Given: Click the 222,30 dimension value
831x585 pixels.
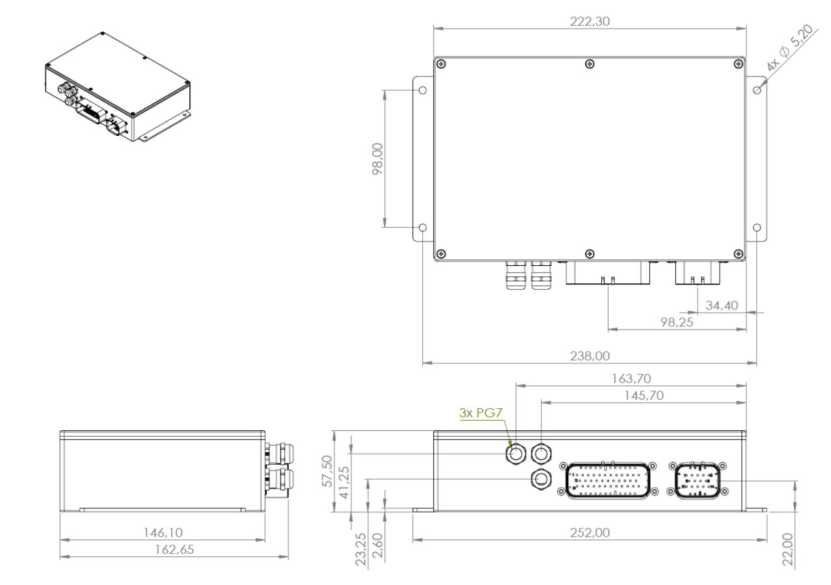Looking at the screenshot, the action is point(590,21).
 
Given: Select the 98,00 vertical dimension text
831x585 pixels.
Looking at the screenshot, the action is point(377,159).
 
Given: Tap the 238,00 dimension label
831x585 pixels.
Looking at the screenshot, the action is point(590,356).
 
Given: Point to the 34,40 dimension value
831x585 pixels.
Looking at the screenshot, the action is point(722,305).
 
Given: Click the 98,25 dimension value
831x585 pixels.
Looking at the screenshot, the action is point(677,322).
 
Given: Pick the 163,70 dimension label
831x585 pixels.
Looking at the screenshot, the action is point(631,379).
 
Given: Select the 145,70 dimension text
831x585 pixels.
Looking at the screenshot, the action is point(644,396).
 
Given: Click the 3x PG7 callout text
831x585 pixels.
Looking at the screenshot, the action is point(480,413).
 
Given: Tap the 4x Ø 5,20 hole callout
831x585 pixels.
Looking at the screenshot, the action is point(789,47).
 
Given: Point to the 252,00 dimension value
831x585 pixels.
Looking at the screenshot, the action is point(590,533).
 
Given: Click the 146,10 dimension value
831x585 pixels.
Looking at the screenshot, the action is point(163,533).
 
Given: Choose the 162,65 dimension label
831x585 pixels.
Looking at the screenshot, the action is point(174,549).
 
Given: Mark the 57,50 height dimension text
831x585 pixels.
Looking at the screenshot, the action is point(327,471).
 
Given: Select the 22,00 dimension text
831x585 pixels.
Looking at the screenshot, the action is point(787,549).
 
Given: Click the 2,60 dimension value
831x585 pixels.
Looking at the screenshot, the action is point(377,545).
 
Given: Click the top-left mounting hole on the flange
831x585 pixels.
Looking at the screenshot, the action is point(422,90).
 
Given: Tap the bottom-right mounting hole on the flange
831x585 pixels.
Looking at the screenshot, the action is point(757,227).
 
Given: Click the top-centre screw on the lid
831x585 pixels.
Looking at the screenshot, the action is point(590,64).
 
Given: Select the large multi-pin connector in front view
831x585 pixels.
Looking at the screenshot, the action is point(608,480).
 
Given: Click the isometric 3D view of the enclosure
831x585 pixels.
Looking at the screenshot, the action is point(118,87).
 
